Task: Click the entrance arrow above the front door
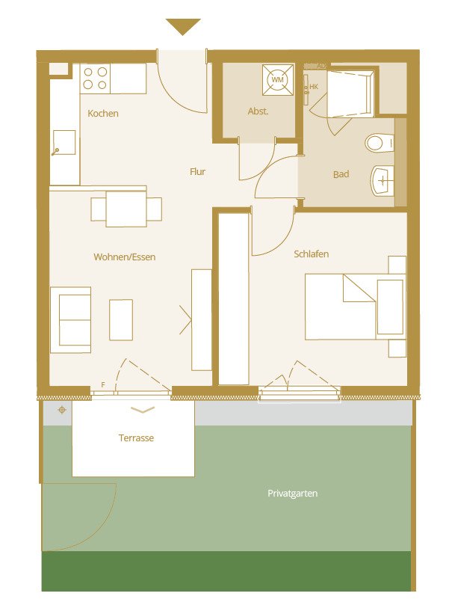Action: (x=183, y=27)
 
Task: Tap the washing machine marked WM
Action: (x=278, y=79)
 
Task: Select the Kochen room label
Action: (x=103, y=114)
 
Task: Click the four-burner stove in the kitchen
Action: (x=96, y=79)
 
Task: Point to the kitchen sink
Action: (x=64, y=141)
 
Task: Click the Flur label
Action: (x=197, y=172)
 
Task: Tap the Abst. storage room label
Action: (x=258, y=111)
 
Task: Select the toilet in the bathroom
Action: (x=380, y=142)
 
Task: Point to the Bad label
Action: (x=341, y=175)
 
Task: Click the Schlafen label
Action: (x=311, y=254)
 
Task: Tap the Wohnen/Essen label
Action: (x=124, y=257)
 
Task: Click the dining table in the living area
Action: (x=126, y=209)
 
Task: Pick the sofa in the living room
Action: (x=70, y=319)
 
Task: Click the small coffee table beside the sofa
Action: (x=121, y=319)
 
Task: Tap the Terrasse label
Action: (x=136, y=438)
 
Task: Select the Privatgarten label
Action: (x=293, y=494)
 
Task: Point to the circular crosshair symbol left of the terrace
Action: (x=61, y=410)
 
